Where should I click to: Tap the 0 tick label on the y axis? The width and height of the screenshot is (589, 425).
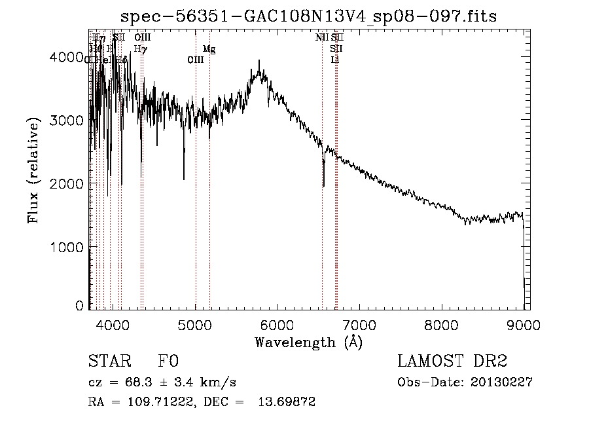(x=79, y=305)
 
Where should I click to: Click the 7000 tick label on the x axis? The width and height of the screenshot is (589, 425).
(x=360, y=323)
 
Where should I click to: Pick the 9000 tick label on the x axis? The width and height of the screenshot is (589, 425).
(x=524, y=323)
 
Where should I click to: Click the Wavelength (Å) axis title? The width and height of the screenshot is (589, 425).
(x=308, y=342)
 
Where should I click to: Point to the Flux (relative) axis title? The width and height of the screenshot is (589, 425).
(x=33, y=171)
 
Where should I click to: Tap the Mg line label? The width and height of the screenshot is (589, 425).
(x=209, y=49)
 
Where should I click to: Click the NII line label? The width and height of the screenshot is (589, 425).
(x=321, y=38)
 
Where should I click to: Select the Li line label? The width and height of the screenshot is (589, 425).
(x=335, y=60)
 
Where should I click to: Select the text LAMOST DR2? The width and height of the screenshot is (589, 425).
(x=452, y=362)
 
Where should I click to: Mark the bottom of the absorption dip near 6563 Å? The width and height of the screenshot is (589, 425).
(x=324, y=186)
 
